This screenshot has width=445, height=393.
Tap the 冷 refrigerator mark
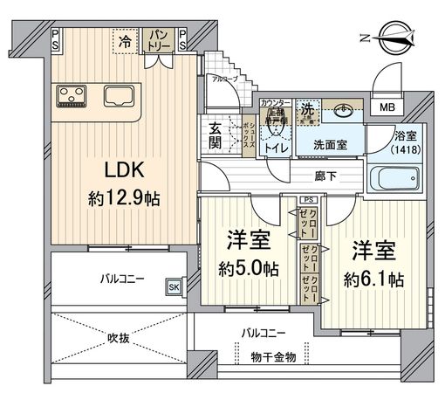pyautogui.click(x=126, y=39)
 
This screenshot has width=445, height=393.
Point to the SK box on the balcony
pyautogui.click(x=174, y=286)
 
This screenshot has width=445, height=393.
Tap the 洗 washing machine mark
pyautogui.click(x=307, y=111)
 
